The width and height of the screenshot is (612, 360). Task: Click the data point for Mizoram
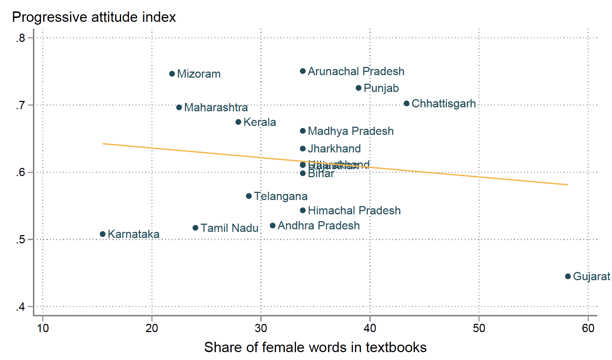pos(172,74)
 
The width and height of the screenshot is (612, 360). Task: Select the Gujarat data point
pos(568,276)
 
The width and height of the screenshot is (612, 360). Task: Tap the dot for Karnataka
pos(103,234)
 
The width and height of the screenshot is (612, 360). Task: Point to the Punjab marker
pos(359,88)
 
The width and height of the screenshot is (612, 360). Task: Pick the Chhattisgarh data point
pos(407,103)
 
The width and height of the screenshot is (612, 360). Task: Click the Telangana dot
pos(249,196)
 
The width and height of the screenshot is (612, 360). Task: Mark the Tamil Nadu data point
pos(195,228)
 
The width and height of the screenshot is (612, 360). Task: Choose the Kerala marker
pos(238,122)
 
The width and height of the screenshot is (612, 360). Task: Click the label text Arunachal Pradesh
pos(356,71)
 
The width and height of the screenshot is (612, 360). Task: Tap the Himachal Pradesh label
pos(354,210)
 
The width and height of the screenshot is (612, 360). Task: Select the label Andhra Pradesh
pos(319,225)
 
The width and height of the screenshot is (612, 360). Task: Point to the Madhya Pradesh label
pos(350,131)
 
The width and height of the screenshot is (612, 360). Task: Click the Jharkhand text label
pos(334,149)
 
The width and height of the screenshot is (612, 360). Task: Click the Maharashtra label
pos(216,107)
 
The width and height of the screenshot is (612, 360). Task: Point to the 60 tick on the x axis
pos(588,328)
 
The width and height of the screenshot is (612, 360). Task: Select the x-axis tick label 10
pos(43,328)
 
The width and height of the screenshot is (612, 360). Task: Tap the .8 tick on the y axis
pos(21,38)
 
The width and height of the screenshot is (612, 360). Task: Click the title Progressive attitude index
pos(94,17)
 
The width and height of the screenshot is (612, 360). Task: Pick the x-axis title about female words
pos(315,347)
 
